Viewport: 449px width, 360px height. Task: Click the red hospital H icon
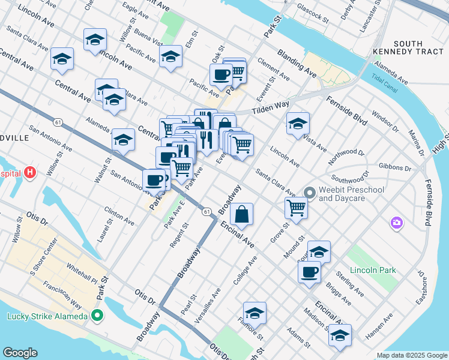pos(31,173)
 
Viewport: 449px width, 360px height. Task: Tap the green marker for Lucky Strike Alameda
pos(96,316)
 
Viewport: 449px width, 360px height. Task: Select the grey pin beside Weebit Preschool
pos(310,193)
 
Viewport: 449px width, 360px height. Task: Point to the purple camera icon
pos(396,223)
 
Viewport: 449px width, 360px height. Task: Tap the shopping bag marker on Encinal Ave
pos(241,214)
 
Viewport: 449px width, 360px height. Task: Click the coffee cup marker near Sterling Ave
pos(309,271)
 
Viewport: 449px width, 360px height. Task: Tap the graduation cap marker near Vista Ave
pos(298,124)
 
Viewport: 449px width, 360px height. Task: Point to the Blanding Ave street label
pos(297,64)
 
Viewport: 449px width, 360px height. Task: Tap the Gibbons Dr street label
pos(395,168)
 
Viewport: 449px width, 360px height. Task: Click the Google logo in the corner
pos(20,353)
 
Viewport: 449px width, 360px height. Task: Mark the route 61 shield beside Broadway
pos(206,211)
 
